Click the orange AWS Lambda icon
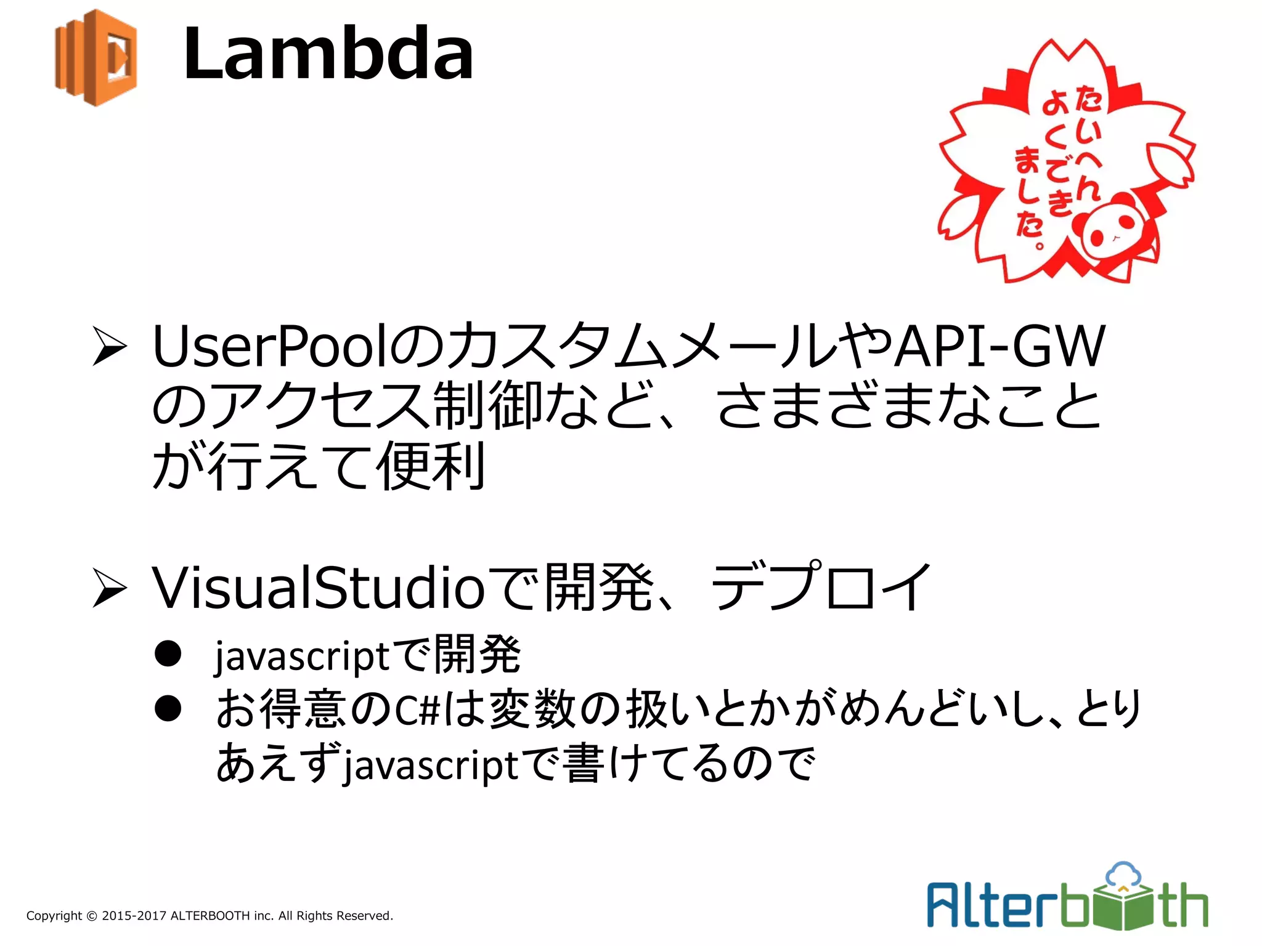click(x=96, y=57)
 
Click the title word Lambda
click(x=328, y=54)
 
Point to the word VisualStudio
click(x=318, y=588)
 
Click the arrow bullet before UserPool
click(x=110, y=347)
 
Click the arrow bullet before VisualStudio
click(x=110, y=588)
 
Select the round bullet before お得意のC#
click(x=168, y=708)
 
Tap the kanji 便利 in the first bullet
click(x=431, y=466)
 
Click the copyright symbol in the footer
click(x=92, y=916)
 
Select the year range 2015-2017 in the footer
click(x=134, y=916)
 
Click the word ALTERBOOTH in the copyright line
click(x=210, y=916)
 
